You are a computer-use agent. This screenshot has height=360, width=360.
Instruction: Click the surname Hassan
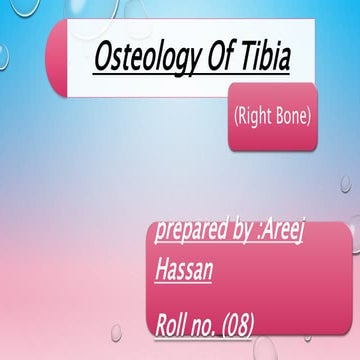tap(184, 267)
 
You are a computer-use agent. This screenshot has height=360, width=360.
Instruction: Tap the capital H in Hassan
tap(163, 267)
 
